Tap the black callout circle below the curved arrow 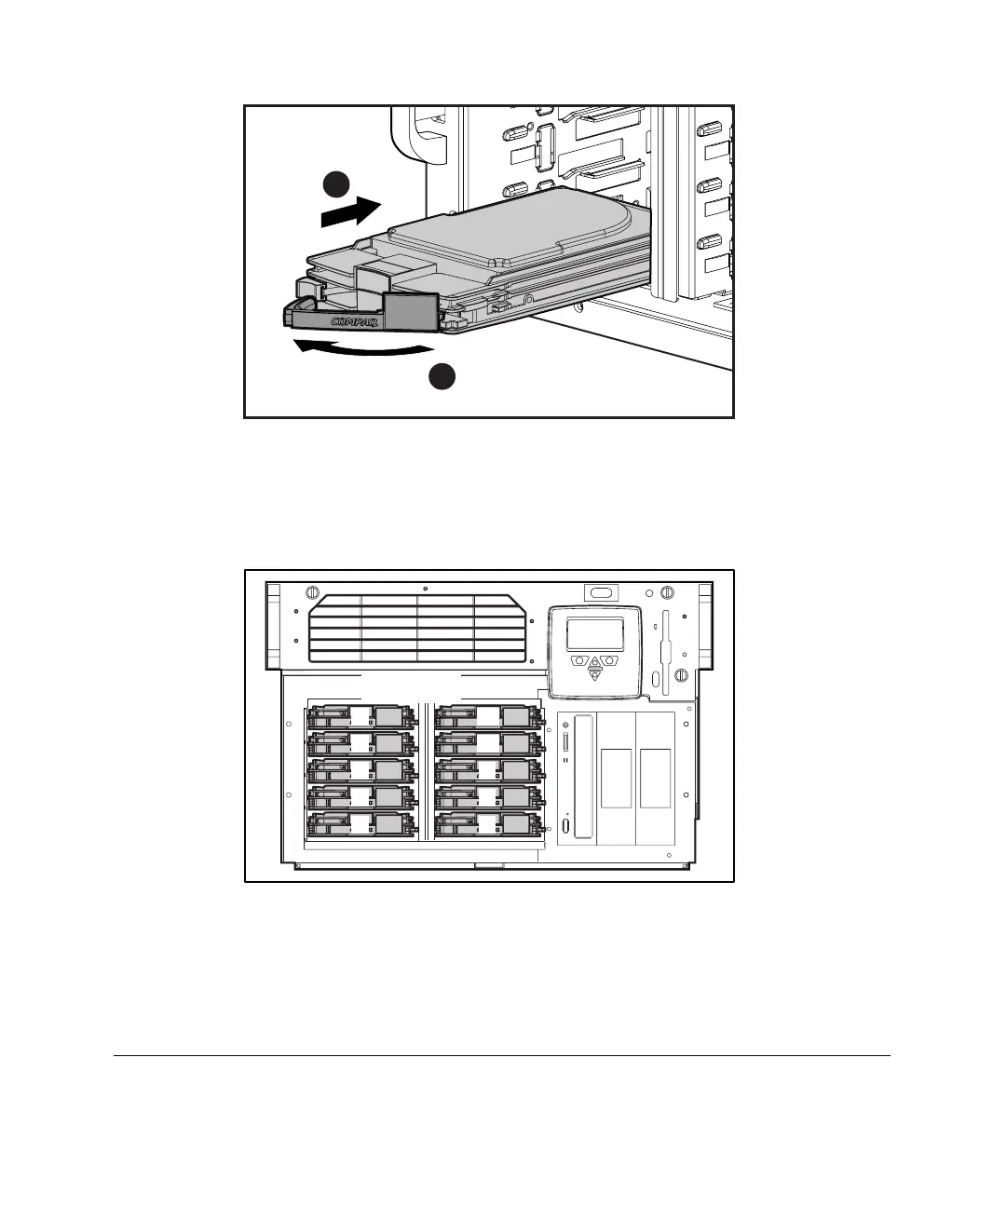pos(442,377)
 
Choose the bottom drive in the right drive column pos(486,824)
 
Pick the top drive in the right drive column pos(486,717)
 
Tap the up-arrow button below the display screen pos(594,663)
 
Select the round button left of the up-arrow pos(579,660)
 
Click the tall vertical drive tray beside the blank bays pos(584,778)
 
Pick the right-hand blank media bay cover pos(655,778)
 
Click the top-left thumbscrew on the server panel pos(313,592)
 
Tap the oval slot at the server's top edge pos(601,592)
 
